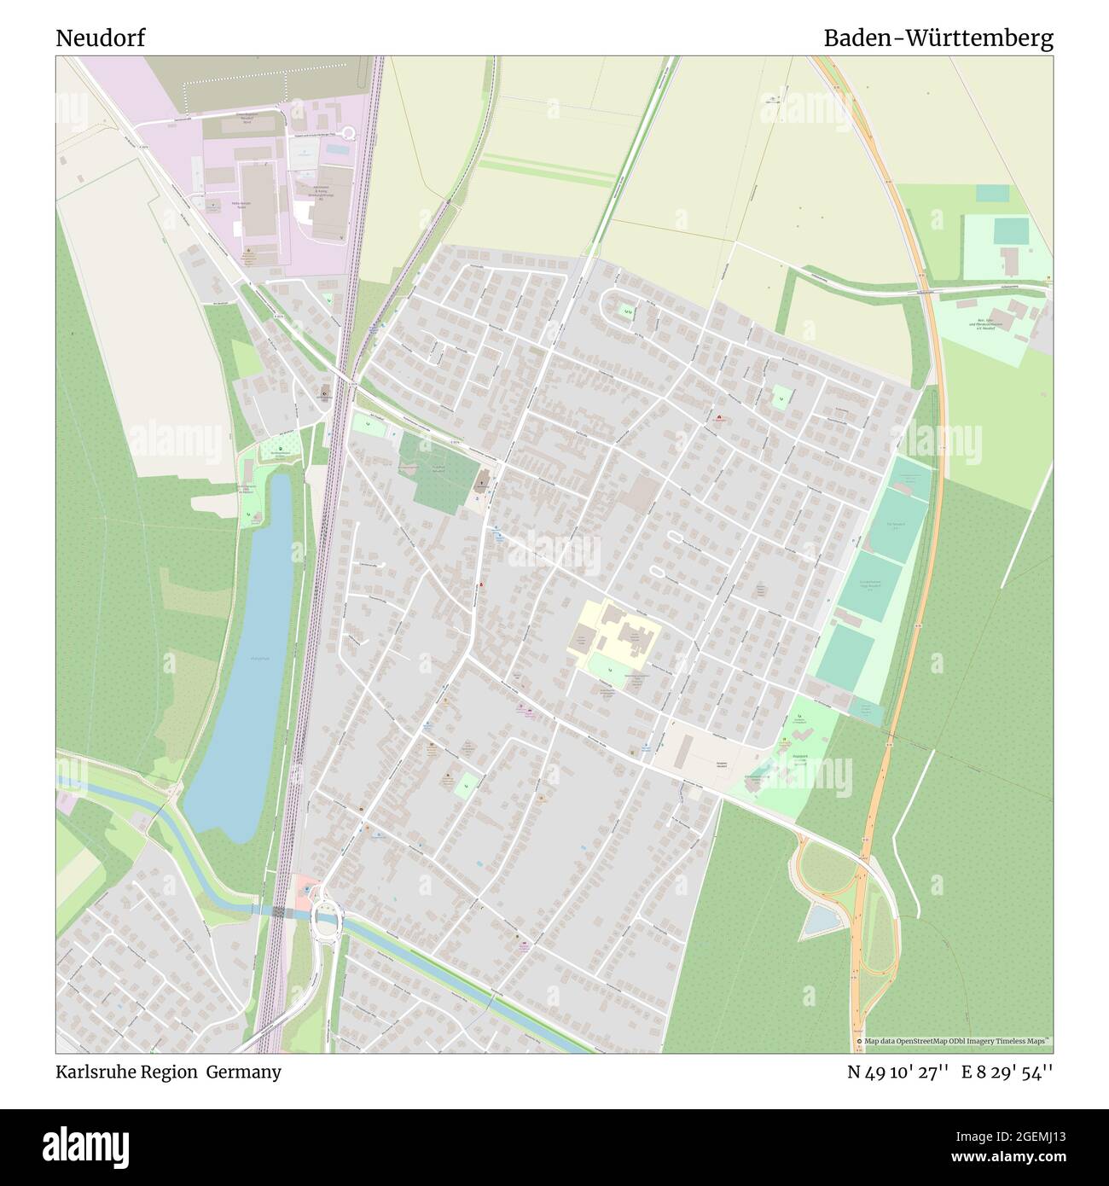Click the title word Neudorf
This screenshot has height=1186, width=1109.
click(100, 38)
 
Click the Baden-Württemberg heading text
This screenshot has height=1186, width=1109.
click(938, 38)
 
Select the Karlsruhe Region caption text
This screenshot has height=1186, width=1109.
click(126, 1072)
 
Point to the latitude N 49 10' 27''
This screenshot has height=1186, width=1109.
click(898, 1072)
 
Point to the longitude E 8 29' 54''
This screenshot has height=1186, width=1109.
click(1007, 1072)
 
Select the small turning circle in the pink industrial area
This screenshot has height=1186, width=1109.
click(348, 132)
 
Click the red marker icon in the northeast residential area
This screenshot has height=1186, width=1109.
click(718, 419)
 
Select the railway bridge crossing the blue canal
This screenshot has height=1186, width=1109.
click(280, 912)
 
